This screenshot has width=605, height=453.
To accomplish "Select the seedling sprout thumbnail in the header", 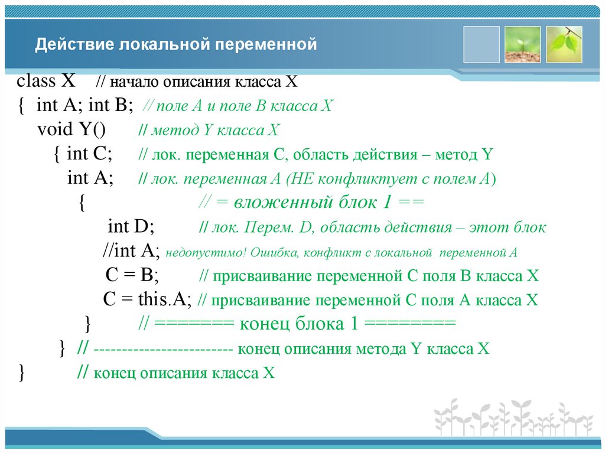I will (x=522, y=44).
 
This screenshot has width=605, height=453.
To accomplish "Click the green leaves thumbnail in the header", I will (x=564, y=44).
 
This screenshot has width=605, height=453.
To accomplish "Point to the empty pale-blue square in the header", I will (x=481, y=44).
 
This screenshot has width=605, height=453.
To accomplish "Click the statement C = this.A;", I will (x=148, y=300).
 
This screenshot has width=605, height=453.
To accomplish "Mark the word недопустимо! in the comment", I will (x=205, y=253).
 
